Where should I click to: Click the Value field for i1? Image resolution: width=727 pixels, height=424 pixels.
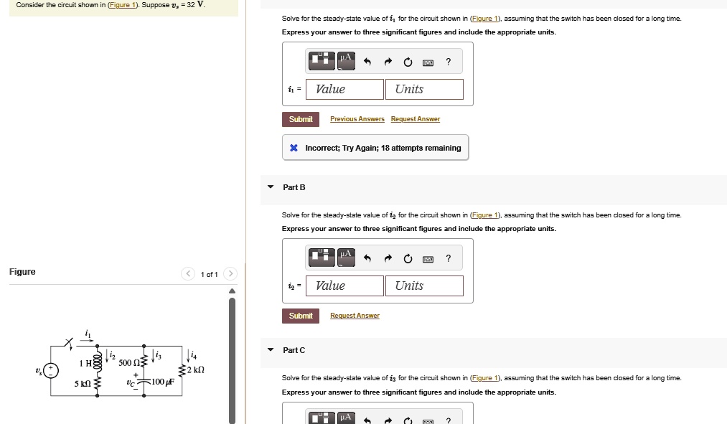344,89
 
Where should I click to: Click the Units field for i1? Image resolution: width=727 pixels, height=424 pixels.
424,89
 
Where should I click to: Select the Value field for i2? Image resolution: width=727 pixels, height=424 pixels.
344,286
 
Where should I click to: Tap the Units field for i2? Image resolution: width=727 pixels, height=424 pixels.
424,286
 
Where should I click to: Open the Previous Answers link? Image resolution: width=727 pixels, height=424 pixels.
357,119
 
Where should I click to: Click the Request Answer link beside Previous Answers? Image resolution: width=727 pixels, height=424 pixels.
416,119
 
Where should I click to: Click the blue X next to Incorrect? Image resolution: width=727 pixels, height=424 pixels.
294,148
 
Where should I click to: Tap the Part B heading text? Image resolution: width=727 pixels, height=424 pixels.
294,187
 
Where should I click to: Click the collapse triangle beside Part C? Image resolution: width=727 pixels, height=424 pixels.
271,349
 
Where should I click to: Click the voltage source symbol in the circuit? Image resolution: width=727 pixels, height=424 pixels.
51,371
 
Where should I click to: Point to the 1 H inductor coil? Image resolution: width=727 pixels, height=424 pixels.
98,362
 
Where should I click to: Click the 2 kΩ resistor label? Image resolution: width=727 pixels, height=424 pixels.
196,369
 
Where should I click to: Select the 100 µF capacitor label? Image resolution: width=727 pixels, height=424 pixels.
163,382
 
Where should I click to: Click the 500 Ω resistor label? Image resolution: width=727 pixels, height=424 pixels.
129,362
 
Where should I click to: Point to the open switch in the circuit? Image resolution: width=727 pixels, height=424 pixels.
70,344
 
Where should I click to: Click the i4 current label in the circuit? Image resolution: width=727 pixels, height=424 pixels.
193,356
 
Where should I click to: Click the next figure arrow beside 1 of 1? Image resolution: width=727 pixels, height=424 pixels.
230,274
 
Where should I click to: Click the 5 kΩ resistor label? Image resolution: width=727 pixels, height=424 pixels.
83,384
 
